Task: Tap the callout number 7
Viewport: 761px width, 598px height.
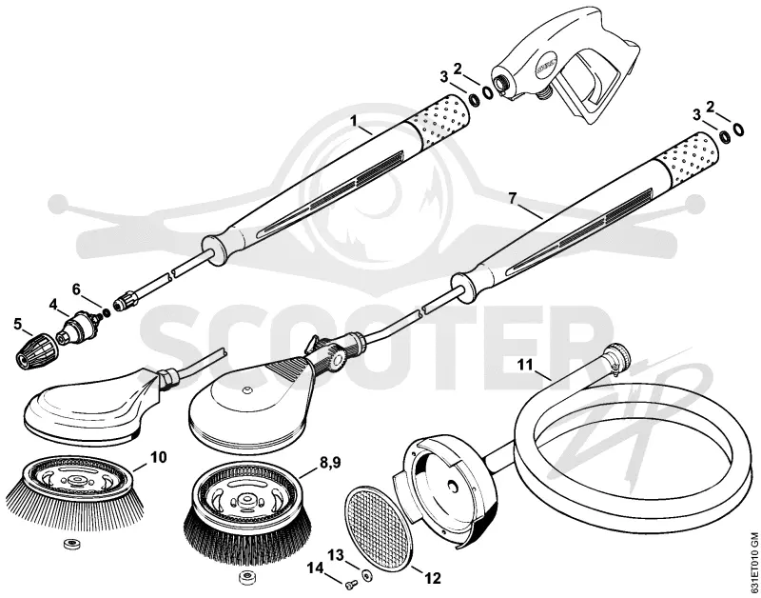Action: tap(513, 198)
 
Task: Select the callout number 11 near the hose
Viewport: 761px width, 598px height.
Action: tap(525, 365)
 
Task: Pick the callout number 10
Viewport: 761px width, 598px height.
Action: tap(158, 457)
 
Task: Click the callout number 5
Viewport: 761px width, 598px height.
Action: tap(18, 324)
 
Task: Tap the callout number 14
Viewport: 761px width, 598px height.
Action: tap(315, 567)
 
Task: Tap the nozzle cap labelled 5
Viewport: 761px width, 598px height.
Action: tap(31, 353)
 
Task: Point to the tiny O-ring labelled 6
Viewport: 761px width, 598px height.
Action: tap(106, 311)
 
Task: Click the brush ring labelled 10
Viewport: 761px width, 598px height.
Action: tap(75, 489)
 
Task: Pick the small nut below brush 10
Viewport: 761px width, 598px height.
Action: tap(72, 544)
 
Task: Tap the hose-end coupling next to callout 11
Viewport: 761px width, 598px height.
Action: tap(617, 357)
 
